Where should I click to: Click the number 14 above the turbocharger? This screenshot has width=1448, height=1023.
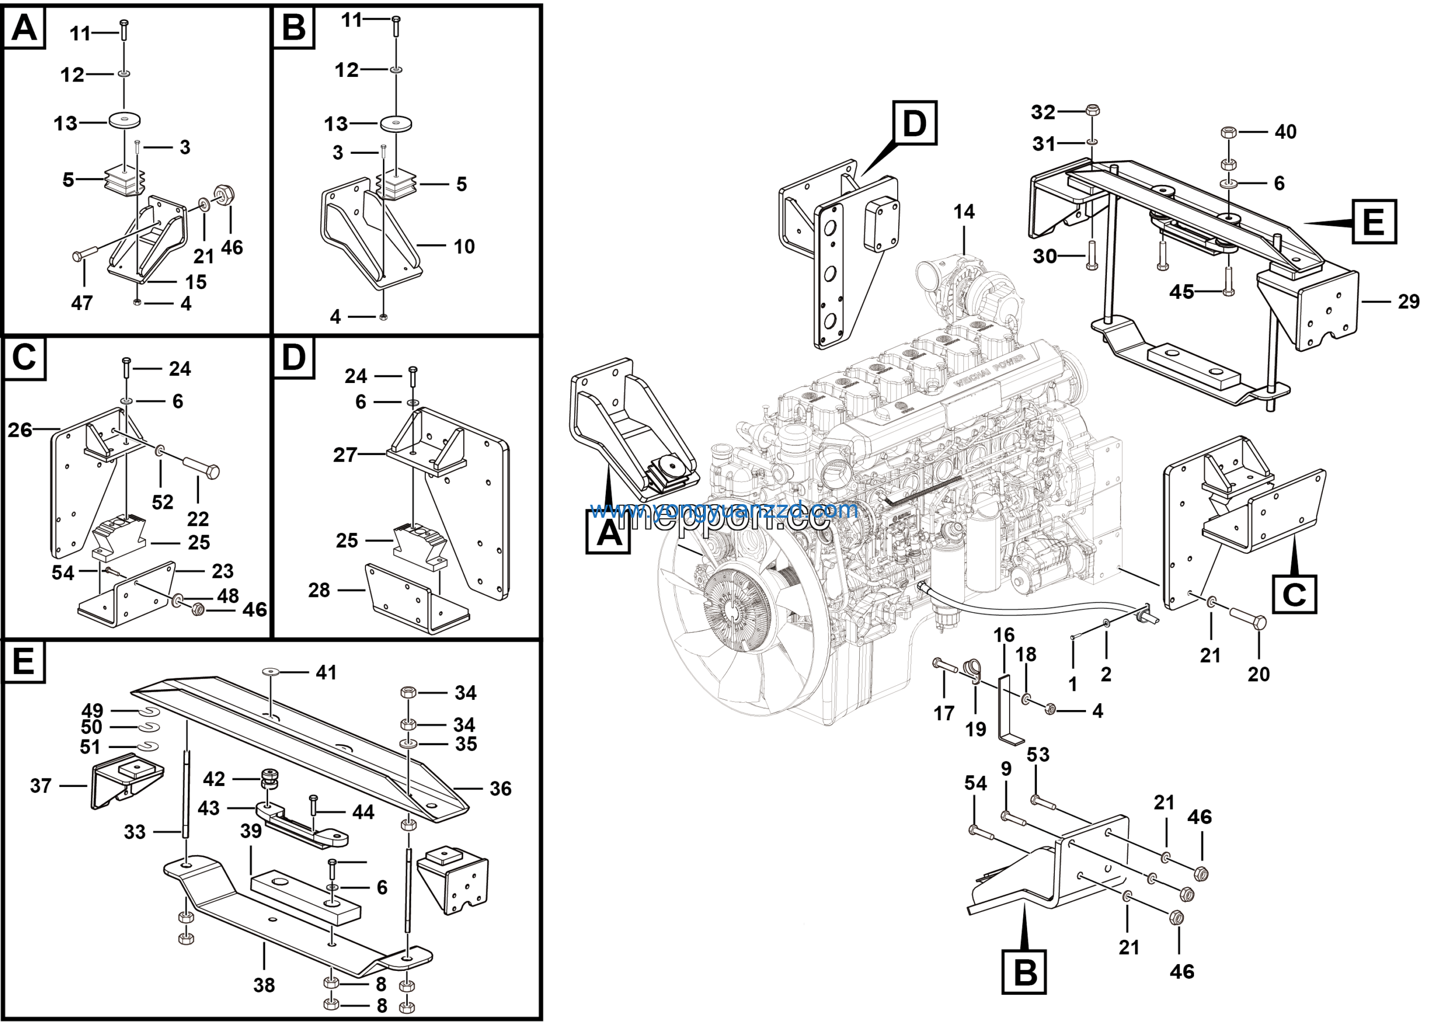964,212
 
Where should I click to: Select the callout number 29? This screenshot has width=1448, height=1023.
1409,302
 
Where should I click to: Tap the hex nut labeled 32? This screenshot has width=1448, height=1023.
1093,111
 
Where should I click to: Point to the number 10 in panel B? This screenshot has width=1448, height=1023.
464,247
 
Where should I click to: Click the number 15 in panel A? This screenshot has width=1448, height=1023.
196,282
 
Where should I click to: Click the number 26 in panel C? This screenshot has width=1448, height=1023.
20,430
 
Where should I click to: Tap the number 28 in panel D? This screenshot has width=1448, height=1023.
319,590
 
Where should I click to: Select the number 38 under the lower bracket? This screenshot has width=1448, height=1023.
264,985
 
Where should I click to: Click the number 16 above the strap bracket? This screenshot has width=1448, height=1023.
1004,635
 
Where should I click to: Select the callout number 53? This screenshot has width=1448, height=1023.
1038,754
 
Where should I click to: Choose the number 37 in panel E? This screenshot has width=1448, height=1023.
40,786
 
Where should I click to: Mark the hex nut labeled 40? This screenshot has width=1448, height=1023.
1228,132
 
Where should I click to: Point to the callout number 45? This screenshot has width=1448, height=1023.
1181,291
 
